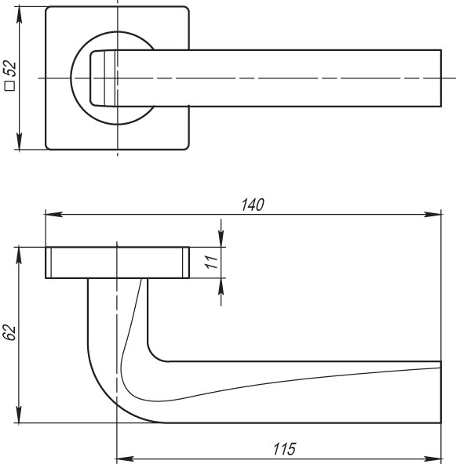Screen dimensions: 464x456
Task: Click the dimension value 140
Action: click(x=252, y=204)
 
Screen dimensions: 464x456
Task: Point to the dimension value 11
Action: click(x=210, y=263)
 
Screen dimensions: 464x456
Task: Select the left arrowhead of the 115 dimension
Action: click(x=122, y=459)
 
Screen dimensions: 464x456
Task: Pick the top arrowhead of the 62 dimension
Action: click(x=18, y=253)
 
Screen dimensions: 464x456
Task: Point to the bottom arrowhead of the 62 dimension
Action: click(x=18, y=417)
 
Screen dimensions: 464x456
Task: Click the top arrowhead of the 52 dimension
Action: click(x=18, y=14)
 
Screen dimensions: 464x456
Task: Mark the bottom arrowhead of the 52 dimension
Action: click(x=18, y=143)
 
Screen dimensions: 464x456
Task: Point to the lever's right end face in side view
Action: click(x=441, y=392)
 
